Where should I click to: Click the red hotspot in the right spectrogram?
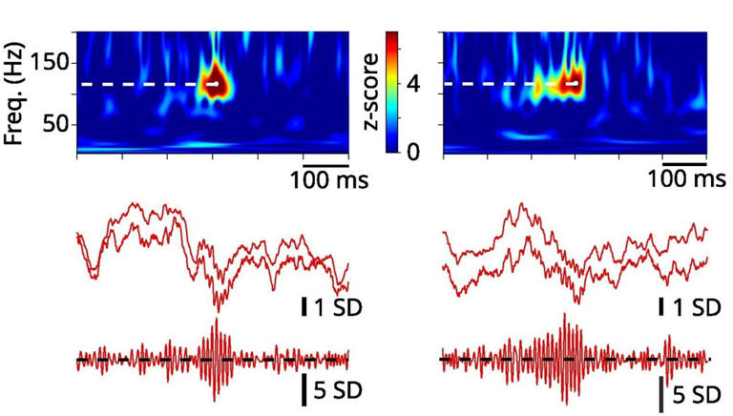click(x=573, y=78)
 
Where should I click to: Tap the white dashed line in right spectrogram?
click(x=506, y=85)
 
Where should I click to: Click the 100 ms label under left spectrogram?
click(x=329, y=178)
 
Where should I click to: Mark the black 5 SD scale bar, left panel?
click(x=305, y=389)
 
